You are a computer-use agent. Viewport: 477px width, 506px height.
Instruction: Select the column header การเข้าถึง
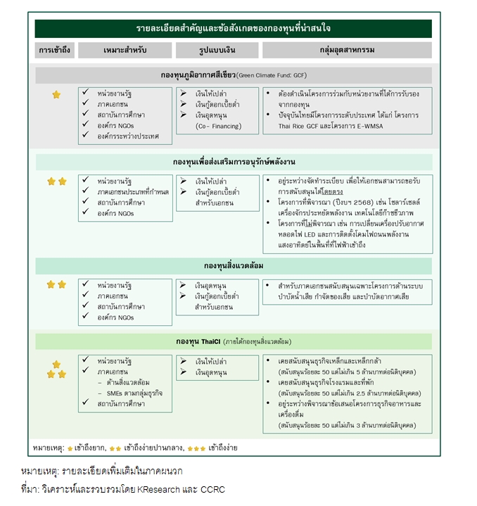click(54, 50)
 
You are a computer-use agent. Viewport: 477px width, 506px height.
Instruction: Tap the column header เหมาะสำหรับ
click(125, 50)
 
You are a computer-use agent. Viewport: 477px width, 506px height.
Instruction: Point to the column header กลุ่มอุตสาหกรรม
click(347, 50)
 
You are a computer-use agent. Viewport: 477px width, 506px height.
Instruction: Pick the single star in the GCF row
click(56, 94)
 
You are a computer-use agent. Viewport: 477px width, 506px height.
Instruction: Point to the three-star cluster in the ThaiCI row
click(56, 369)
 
